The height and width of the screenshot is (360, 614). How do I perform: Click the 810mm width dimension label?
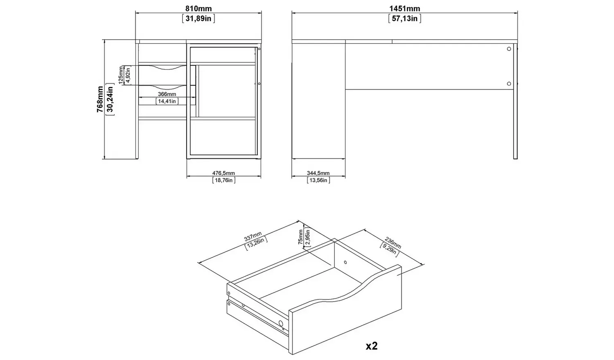pyautogui.click(x=199, y=9)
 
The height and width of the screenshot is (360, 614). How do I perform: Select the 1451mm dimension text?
pyautogui.click(x=405, y=9)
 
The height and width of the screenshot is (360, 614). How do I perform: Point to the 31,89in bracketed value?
pyautogui.click(x=199, y=18)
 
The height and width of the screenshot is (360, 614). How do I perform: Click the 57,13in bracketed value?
pyautogui.click(x=405, y=18)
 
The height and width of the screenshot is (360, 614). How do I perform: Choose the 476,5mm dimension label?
pyautogui.click(x=223, y=173)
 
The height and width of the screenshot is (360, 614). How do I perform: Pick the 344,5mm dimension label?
pyautogui.click(x=318, y=173)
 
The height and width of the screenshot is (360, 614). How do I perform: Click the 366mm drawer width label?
pyautogui.click(x=167, y=94)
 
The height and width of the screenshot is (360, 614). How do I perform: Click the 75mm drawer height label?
pyautogui.click(x=301, y=237)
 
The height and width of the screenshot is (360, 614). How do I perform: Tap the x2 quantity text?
pyautogui.click(x=371, y=346)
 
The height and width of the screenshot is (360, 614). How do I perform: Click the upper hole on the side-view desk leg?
pyautogui.click(x=509, y=49)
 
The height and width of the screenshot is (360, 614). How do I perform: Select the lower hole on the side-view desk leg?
pyautogui.click(x=509, y=83)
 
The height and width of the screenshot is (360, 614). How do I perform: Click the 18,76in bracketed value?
pyautogui.click(x=223, y=180)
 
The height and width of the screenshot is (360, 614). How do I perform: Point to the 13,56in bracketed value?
pyautogui.click(x=318, y=180)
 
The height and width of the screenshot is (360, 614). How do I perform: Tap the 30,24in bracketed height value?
pyautogui.click(x=110, y=99)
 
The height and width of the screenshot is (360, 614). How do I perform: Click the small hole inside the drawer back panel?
pyautogui.click(x=345, y=262)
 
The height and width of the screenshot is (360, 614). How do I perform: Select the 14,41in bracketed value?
pyautogui.click(x=167, y=101)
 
